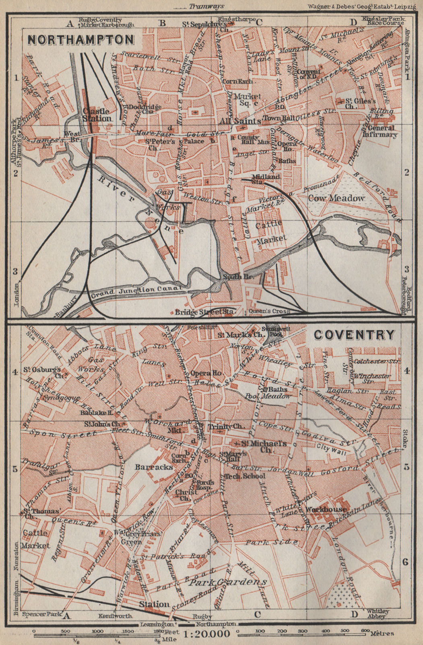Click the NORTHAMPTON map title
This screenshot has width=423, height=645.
(x=80, y=40)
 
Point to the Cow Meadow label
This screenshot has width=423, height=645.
(x=336, y=198)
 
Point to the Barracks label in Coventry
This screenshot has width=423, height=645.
(x=154, y=467)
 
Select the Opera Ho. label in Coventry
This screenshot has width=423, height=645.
(x=206, y=373)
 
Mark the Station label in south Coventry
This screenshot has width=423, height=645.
(x=154, y=604)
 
